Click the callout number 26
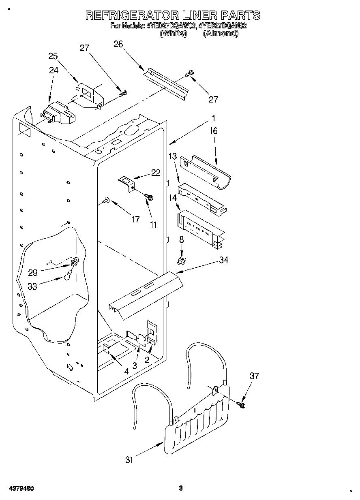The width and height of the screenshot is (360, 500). pyautogui.click(x=118, y=44)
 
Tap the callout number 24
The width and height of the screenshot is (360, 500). pyautogui.click(x=54, y=70)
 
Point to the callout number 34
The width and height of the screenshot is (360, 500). pyautogui.click(x=223, y=260)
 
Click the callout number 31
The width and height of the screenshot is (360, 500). pyautogui.click(x=129, y=459)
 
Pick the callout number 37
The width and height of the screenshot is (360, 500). pyautogui.click(x=254, y=376)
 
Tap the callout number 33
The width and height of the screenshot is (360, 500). pyautogui.click(x=32, y=286)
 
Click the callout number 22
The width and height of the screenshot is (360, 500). pyautogui.click(x=156, y=173)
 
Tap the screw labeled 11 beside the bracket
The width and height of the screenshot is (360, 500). pyautogui.click(x=150, y=197)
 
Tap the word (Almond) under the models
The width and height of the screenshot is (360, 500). pyautogui.click(x=221, y=34)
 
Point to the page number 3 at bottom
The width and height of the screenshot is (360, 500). pyautogui.click(x=181, y=488)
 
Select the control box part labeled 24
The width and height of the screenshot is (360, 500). pyautogui.click(x=59, y=113)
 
